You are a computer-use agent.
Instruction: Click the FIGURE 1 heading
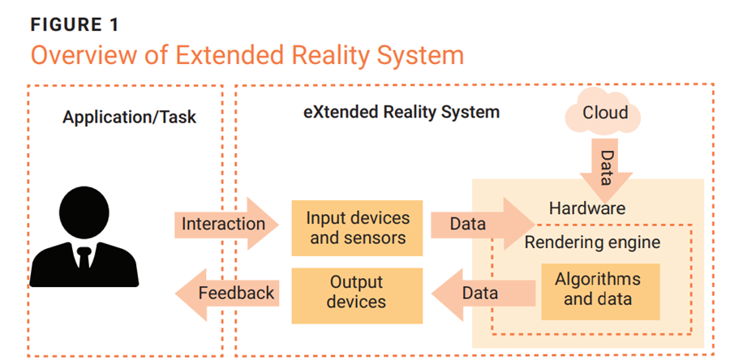tap(75, 24)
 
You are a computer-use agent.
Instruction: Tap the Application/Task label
tap(129, 118)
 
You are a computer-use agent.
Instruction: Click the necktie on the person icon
tap(84, 259)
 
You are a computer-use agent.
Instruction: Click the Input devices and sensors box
tap(357, 228)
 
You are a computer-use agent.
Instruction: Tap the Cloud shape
tap(604, 113)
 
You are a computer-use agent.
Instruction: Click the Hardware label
tap(587, 208)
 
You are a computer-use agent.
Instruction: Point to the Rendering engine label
tap(592, 242)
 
